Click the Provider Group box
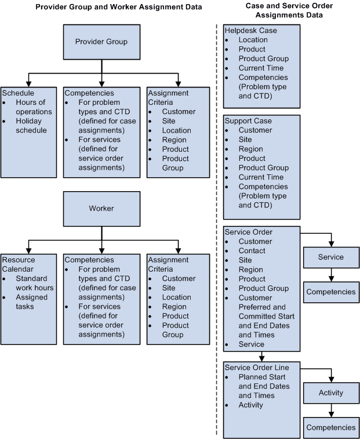pos(102,42)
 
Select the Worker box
pos(102,208)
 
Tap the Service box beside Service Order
pos(331,257)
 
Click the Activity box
pos(331,393)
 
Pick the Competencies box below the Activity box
pos(331,427)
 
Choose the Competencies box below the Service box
pos(331,291)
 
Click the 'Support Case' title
pos(248,121)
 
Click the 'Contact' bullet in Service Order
pos(252,251)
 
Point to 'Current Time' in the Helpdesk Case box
pos(260,68)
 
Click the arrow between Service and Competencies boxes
pos(331,274)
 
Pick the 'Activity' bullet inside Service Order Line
pos(250,405)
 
